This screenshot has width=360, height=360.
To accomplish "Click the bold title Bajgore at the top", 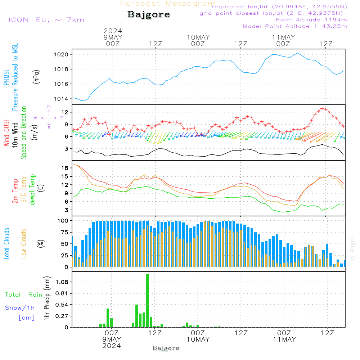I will click(x=149, y=15).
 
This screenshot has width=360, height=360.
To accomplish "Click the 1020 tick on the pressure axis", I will click(x=60, y=54).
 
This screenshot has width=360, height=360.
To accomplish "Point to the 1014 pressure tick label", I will click(x=60, y=99).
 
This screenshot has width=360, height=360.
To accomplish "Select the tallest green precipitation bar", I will click(x=147, y=301).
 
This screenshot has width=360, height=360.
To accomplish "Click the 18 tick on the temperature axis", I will click(x=65, y=168).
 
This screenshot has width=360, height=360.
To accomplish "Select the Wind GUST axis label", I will click(x=6, y=133).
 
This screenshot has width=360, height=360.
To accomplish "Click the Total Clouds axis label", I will click(x=6, y=244).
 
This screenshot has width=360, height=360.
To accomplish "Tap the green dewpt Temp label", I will click(x=32, y=190).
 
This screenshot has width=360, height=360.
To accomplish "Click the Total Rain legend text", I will click(x=23, y=295).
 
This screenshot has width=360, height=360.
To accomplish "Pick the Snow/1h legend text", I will click(x=20, y=308).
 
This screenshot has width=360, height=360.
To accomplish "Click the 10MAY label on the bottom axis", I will click(x=198, y=339).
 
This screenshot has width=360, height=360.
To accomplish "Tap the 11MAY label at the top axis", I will click(x=283, y=37).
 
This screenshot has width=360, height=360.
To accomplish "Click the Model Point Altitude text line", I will click(x=295, y=26).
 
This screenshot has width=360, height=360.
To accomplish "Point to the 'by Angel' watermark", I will click(x=352, y=249).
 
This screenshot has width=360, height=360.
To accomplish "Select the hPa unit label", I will click(x=36, y=77).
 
